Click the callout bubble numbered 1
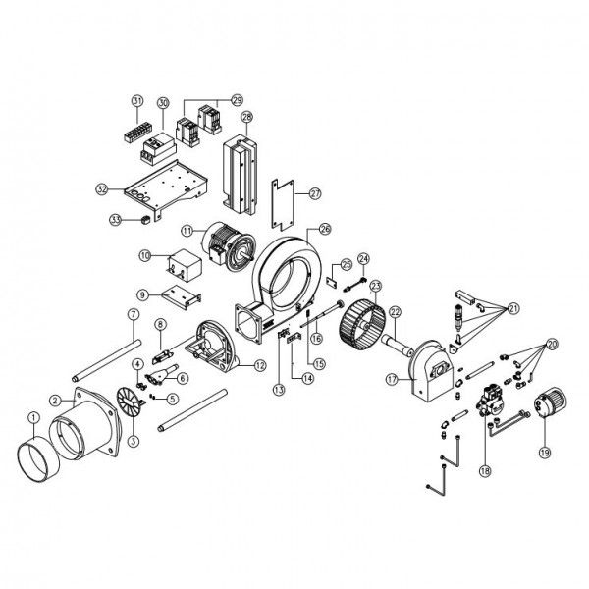[x=34, y=417]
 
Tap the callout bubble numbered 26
[x=325, y=229]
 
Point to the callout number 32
[x=102, y=189]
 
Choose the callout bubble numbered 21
[x=513, y=309]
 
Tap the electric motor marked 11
[x=229, y=247]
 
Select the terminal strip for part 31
[x=134, y=132]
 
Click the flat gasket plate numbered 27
[x=282, y=204]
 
